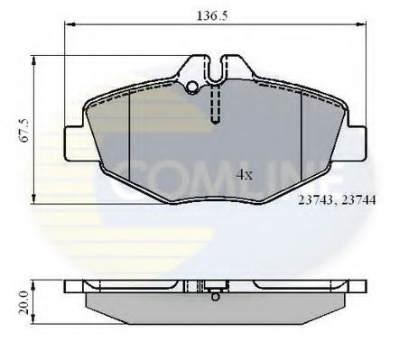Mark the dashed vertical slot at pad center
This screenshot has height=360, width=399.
(x=214, y=104)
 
